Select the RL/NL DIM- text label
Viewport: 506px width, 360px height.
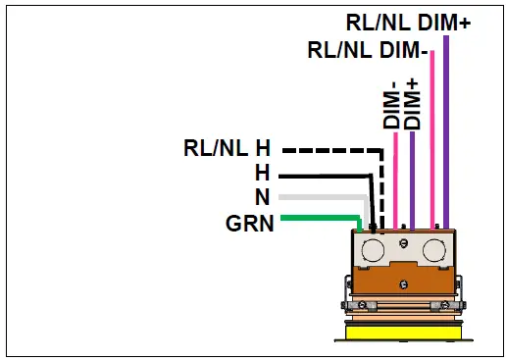[366, 49]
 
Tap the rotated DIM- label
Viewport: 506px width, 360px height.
[390, 105]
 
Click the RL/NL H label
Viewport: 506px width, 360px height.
[227, 149]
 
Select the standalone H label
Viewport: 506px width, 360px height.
[262, 174]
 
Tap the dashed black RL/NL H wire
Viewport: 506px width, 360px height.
[329, 150]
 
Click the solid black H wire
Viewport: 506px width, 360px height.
[319, 175]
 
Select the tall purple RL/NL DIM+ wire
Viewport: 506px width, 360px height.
[446, 128]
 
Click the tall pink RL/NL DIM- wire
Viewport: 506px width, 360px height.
[432, 137]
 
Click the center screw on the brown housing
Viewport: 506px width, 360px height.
[402, 284]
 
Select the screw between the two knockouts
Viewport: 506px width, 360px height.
[401, 240]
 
